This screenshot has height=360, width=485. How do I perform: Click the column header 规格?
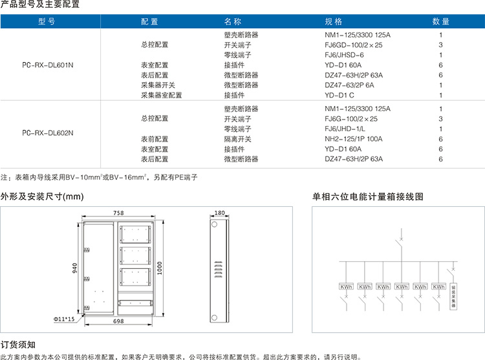point(333,21)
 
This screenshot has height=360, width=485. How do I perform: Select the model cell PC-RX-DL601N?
point(48,65)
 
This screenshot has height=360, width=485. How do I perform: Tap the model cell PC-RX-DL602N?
point(48,133)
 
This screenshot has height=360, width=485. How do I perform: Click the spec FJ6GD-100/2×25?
point(354,45)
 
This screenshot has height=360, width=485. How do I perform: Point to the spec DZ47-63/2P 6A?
point(349,85)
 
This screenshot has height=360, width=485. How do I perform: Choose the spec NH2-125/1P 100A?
point(354,139)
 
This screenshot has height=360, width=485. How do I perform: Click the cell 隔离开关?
point(237,139)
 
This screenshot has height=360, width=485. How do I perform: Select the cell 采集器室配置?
point(162,95)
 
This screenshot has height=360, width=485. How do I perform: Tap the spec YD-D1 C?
point(339,95)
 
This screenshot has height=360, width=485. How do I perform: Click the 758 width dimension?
point(118,213)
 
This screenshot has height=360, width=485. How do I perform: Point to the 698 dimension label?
point(118,321)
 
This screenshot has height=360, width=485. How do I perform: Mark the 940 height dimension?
point(74,268)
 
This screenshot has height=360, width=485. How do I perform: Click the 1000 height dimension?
point(160,268)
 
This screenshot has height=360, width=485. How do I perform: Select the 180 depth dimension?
point(220,213)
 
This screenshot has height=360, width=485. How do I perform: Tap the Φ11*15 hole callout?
point(64,319)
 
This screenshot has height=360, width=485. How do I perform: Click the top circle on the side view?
point(214,224)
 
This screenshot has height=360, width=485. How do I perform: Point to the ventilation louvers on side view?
point(219,270)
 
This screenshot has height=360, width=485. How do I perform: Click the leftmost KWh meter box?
point(346,287)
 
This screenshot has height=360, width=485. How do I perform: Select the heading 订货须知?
point(18,344)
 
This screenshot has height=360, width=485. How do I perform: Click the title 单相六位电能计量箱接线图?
point(368,196)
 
